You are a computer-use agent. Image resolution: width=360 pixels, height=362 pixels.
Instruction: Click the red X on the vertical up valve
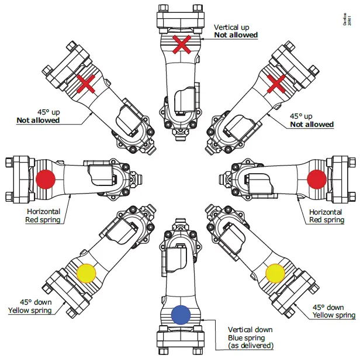coord(182,43)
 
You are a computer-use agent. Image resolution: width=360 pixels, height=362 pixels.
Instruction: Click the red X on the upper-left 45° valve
coord(86,85)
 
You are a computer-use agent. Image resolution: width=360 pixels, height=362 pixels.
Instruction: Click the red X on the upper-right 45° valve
coord(278,84)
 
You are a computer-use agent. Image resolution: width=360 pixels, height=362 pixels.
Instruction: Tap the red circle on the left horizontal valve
coord(46,180)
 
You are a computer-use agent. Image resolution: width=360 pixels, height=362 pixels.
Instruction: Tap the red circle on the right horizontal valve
coord(316,179)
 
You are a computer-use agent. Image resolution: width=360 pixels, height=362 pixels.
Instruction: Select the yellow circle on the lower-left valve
coord(86,273)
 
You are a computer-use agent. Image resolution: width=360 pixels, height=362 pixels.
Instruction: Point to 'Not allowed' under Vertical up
coord(236,35)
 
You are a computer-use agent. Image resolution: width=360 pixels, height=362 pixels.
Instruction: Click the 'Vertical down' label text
coord(251,329)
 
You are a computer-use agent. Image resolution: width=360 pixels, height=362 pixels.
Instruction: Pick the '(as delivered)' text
coord(251,346)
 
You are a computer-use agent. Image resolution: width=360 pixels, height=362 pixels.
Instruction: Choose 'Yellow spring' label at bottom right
coord(333,315)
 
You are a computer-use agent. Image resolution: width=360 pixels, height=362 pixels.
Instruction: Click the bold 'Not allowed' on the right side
coord(312,124)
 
